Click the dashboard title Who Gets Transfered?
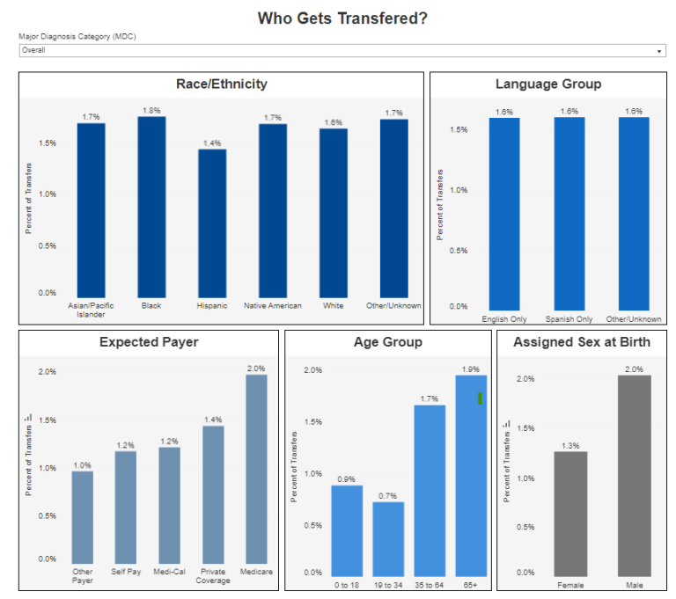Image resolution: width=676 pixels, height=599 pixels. pyautogui.click(x=342, y=18)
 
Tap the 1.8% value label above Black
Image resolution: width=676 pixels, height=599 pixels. pyautogui.click(x=151, y=111)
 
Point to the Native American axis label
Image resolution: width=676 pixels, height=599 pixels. pyautogui.click(x=272, y=306)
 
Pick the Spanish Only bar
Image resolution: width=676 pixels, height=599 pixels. pyautogui.click(x=569, y=211)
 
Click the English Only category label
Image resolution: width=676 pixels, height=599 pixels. pyautogui.click(x=504, y=319)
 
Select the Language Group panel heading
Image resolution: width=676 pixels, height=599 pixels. pyautogui.click(x=548, y=84)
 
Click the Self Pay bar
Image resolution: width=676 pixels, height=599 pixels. pyautogui.click(x=126, y=507)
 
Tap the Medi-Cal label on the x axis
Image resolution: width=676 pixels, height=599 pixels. pyautogui.click(x=169, y=572)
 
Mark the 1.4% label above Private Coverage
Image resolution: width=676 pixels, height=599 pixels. pyautogui.click(x=213, y=420)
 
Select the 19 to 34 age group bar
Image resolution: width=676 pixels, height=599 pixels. pyautogui.click(x=388, y=537)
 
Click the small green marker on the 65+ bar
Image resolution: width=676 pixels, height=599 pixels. pyautogui.click(x=480, y=398)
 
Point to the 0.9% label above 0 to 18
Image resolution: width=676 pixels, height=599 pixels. pyautogui.click(x=346, y=478)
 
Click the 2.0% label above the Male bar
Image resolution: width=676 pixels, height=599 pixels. pyautogui.click(x=634, y=369)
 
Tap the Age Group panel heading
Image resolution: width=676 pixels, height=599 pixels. pyautogui.click(x=387, y=342)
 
